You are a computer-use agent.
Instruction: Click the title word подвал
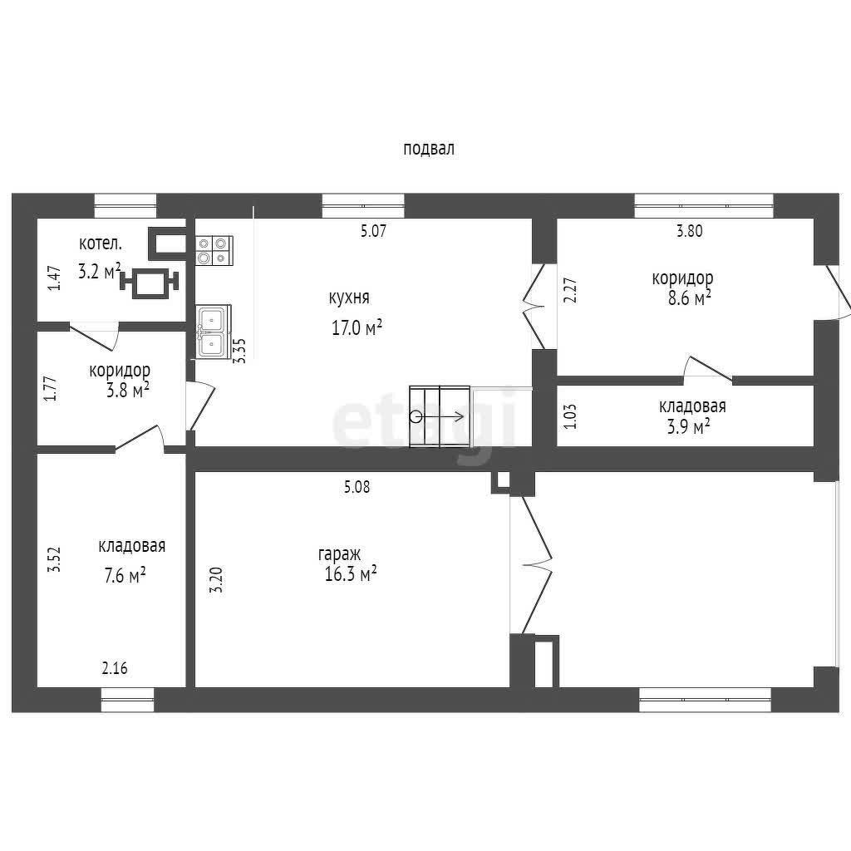[x=428, y=149]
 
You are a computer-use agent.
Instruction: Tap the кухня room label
[x=349, y=298]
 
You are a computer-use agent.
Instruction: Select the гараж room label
[x=339, y=554]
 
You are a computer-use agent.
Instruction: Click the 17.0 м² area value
[x=357, y=327]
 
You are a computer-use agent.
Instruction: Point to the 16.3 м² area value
[x=351, y=573]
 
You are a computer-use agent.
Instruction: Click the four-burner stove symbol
[x=214, y=250]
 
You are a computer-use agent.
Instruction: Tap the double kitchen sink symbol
[x=214, y=331]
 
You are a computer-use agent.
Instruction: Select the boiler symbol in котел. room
[x=149, y=283]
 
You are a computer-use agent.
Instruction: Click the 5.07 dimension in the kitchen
[x=373, y=231]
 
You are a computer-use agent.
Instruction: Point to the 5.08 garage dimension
[x=357, y=487]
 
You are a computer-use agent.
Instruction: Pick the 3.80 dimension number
[x=689, y=231]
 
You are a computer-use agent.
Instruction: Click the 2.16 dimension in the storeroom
[x=115, y=667]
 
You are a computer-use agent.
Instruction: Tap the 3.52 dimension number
[x=54, y=559]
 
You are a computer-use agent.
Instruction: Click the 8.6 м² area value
[x=689, y=298]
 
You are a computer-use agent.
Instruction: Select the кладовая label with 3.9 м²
[x=692, y=406]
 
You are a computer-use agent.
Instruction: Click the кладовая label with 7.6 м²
[x=132, y=545]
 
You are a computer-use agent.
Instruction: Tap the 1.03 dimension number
[x=571, y=416]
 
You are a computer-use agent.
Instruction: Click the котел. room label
[x=101, y=243]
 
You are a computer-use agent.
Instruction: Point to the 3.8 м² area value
[x=128, y=391]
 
